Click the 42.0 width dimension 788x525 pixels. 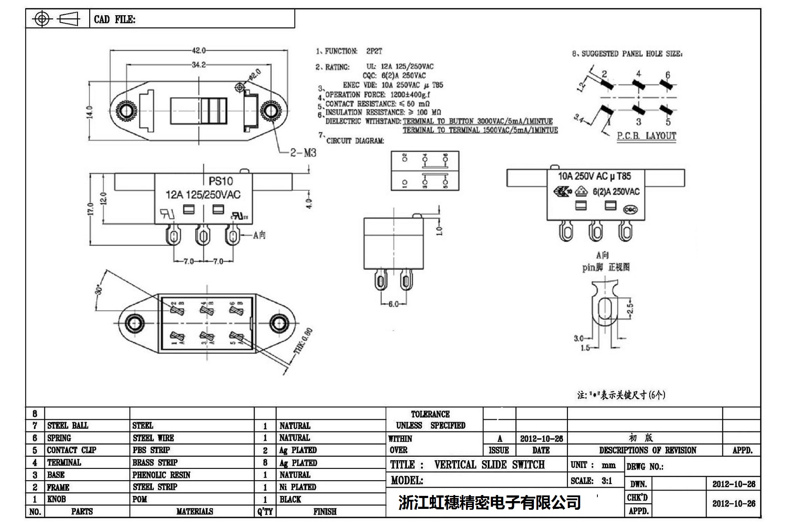coord(199,50)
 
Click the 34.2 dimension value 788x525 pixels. coord(199,65)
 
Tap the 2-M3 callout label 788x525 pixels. coord(303,153)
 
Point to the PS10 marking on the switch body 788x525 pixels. coord(221,181)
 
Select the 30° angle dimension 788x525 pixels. coord(100,289)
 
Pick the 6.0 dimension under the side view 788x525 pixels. coord(393,304)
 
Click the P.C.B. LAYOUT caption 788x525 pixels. coord(647,136)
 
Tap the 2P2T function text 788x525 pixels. coord(374,51)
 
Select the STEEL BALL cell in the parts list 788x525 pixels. coord(67,425)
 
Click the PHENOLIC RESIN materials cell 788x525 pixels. coord(161,475)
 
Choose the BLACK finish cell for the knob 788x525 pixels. coord(290,499)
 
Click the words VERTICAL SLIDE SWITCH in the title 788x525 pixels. coord(489,465)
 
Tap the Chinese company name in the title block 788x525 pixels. coord(490,503)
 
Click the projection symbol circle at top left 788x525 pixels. coord(42,19)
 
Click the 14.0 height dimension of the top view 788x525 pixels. coord(90,112)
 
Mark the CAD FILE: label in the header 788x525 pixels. coord(114,20)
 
